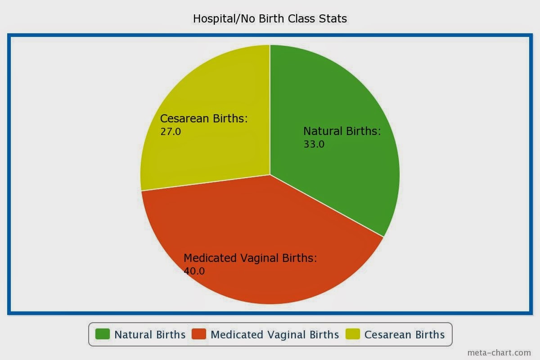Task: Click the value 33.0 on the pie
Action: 314,144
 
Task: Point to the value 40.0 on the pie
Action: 194,271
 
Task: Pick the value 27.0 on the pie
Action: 171,132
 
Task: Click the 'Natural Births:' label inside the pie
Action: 342,131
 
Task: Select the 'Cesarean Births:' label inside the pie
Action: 204,119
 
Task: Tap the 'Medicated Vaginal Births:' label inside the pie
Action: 250,258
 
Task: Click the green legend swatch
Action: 103,334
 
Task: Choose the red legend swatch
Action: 199,334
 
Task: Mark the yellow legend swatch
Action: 353,334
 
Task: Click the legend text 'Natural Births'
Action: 150,335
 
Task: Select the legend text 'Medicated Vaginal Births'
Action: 275,335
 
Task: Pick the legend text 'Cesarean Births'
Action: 405,335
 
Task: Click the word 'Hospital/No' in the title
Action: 224,18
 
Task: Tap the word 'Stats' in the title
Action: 333,18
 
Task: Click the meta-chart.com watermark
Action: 499,353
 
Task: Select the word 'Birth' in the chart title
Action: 271,18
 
